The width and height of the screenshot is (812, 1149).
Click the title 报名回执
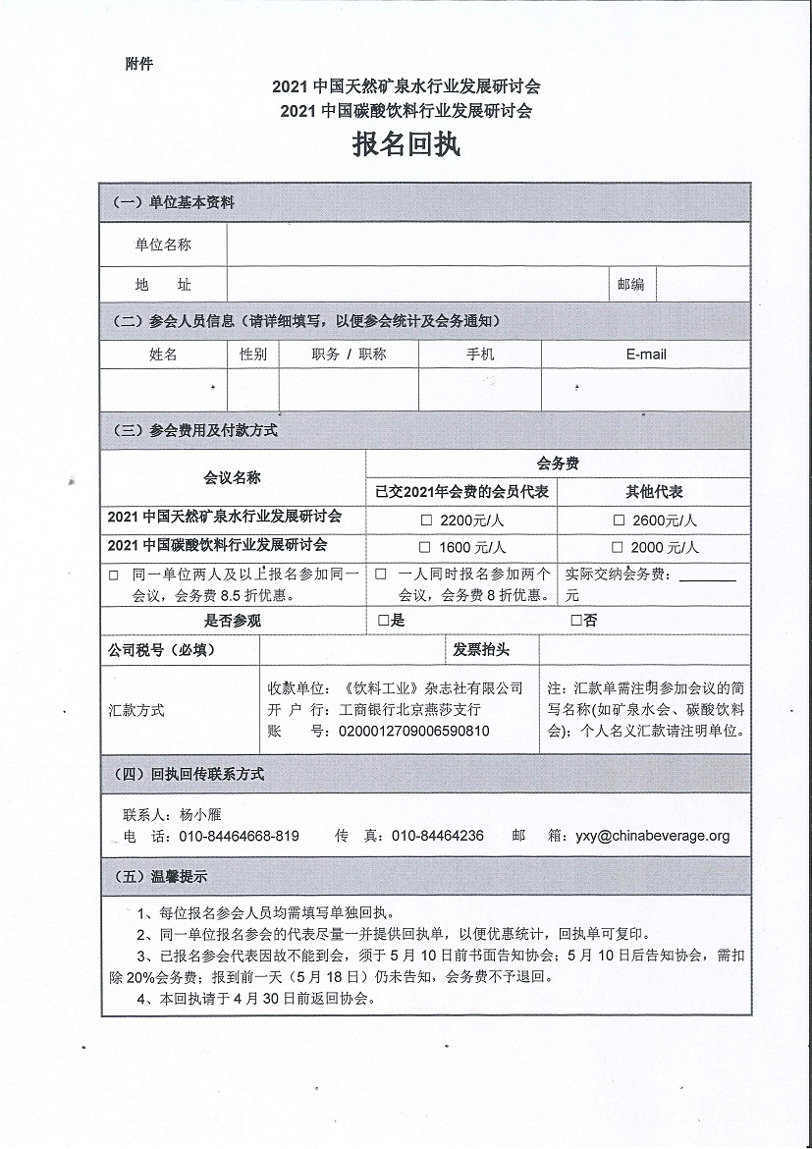click(406, 146)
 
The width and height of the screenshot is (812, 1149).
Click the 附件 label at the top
click(139, 65)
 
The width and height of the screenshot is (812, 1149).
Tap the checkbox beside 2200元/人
click(426, 520)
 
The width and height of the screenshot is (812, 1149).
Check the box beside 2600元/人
click(619, 520)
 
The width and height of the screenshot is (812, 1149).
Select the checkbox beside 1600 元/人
click(425, 547)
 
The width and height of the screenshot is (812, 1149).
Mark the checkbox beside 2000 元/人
click(618, 547)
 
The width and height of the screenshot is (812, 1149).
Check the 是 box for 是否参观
click(383, 621)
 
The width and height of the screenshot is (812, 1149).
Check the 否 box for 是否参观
click(576, 621)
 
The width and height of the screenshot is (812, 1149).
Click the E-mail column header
click(646, 355)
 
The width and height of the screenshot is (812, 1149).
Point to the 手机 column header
click(480, 355)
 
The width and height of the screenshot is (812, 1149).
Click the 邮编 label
click(630, 285)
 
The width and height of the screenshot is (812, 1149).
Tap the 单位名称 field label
click(163, 245)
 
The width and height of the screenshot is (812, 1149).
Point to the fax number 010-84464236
click(437, 837)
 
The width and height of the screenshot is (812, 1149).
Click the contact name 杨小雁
click(202, 815)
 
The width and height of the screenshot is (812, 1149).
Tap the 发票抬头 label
click(480, 650)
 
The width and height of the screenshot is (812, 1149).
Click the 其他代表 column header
click(654, 491)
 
